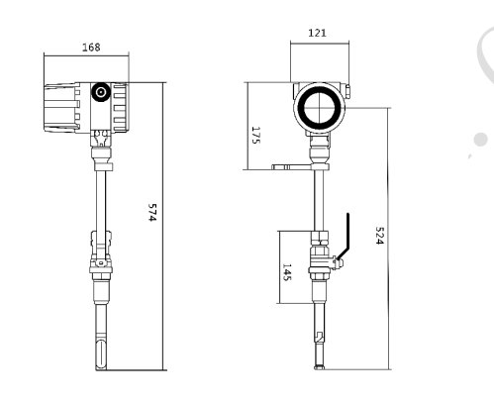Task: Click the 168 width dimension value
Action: point(91,48)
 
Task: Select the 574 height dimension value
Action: point(151,212)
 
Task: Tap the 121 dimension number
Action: point(317,33)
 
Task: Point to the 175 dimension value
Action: point(256,135)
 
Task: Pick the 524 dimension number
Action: point(380,236)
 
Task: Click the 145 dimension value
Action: point(287,272)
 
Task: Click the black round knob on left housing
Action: point(101,92)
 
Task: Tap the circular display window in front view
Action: point(319,108)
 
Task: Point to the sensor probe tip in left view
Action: point(101,355)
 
